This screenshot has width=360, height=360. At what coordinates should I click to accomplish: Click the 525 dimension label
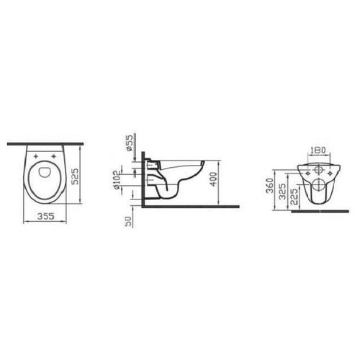coord(76,176)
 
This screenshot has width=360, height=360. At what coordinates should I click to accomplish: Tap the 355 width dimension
coord(46,216)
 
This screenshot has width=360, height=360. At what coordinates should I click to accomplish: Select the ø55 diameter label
coord(130,143)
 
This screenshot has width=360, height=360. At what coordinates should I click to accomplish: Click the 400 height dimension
coord(213,179)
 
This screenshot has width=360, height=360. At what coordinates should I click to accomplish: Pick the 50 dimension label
coord(129,221)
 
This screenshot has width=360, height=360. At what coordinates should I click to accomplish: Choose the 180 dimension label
coord(318,150)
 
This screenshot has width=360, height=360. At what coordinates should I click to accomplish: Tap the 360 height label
coord(270,186)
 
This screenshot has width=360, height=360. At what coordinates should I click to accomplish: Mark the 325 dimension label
coord(283,192)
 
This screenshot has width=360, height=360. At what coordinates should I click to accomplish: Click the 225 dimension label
coord(294,197)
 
